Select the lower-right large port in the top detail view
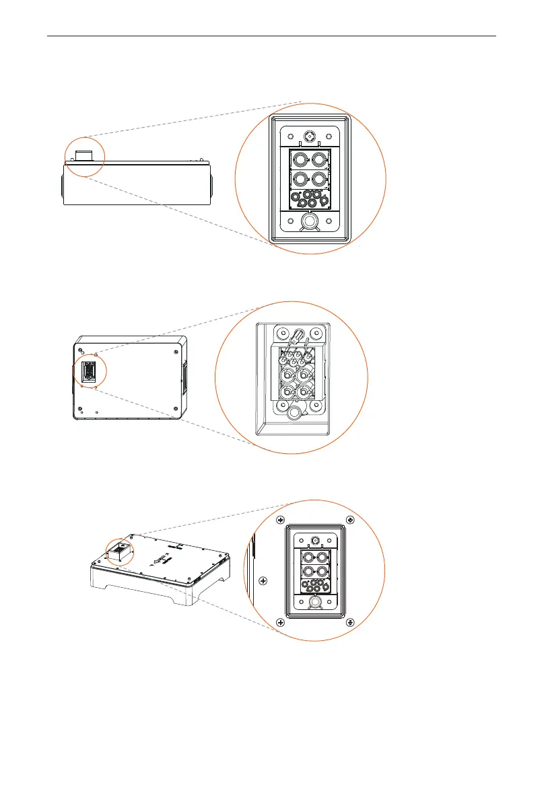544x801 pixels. click(320, 180)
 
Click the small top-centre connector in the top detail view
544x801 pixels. click(310, 135)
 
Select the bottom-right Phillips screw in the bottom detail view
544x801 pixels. click(349, 622)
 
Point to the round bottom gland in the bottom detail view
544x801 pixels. click(314, 604)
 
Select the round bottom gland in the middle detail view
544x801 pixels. click(293, 412)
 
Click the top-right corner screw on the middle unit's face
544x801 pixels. click(175, 350)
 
